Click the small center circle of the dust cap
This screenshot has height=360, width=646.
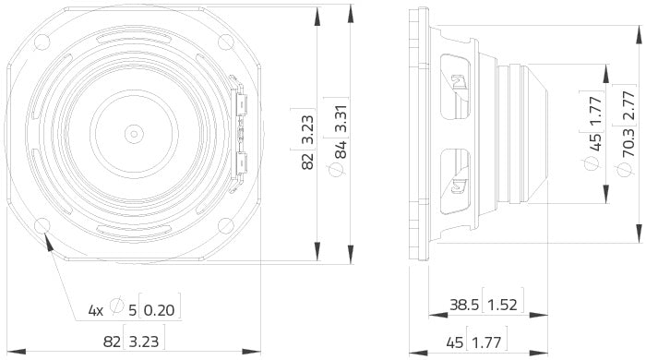click(134, 133)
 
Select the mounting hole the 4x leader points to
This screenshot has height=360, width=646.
click(42, 226)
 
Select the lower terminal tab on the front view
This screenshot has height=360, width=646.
click(242, 165)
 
